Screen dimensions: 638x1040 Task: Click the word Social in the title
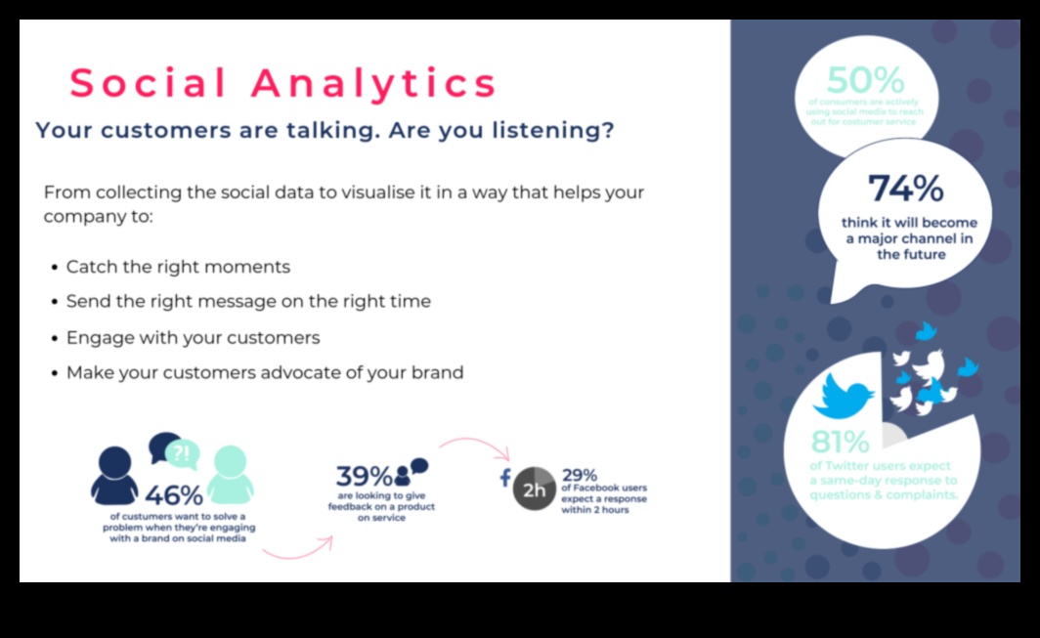coord(149,84)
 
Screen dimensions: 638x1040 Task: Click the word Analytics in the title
coord(374,84)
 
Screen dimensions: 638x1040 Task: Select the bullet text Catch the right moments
coord(178,267)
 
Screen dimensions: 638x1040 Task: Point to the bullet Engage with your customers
coord(193,337)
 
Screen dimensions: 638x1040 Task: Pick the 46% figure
coord(174,496)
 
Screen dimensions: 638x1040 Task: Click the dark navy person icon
coord(114,476)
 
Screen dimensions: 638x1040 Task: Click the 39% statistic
coord(364,477)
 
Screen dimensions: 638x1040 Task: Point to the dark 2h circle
coord(535,490)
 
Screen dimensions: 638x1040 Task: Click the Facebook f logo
coord(505,478)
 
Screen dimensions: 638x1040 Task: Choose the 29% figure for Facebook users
coord(580,476)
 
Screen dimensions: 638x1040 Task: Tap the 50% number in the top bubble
coord(865,80)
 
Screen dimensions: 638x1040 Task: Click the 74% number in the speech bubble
coord(905,188)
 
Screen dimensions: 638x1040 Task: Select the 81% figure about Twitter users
coord(840,442)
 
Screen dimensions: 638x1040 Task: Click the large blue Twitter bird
coord(844,396)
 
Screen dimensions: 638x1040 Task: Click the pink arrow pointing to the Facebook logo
coord(476,447)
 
